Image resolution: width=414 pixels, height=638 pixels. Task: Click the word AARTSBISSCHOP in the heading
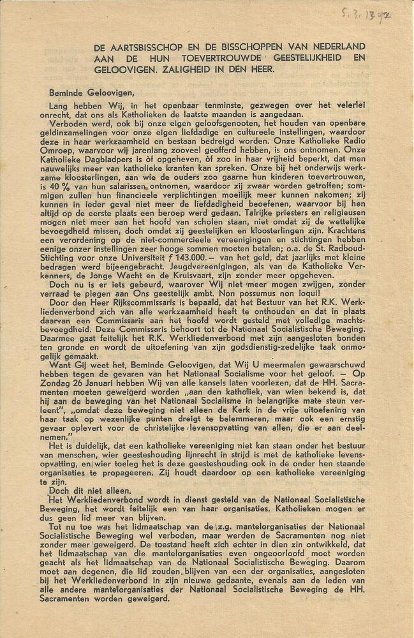[x=151, y=47]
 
